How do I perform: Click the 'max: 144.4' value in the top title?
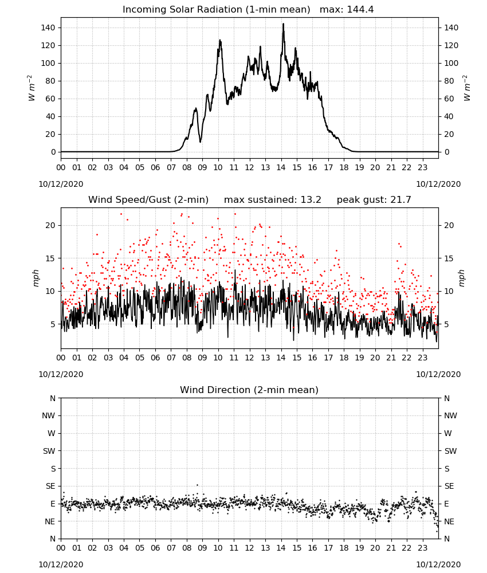pos(347,10)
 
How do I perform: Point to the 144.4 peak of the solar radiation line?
pos(283,24)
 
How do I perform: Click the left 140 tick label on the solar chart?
pos(48,28)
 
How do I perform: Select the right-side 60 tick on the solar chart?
pos(449,99)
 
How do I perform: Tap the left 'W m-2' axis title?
pos(32,88)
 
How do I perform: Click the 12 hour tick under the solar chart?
pos(250,167)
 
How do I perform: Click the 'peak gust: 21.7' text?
pos(374,200)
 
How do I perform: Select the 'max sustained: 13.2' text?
pos(273,200)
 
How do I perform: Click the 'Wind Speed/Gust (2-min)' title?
pos(148,200)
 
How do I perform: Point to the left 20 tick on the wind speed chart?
pos(50,225)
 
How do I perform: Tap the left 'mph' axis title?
pos(36,278)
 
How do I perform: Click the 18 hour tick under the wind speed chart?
pos(344,358)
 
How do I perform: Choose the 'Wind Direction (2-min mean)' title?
pos(249,390)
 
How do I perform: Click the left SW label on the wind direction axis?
pos(49,451)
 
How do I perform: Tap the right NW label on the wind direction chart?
pos(450,415)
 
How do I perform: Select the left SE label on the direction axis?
pos(50,486)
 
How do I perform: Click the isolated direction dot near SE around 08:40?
pos(197,485)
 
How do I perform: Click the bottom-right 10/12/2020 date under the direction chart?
pos(438,564)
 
